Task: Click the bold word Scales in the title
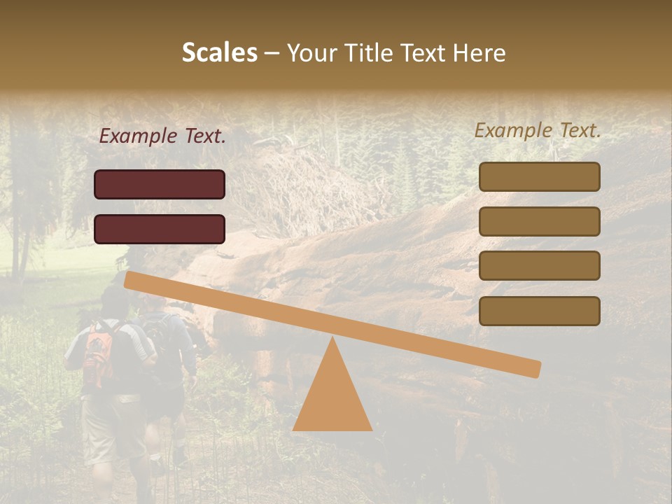[219, 52]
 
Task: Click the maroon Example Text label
[162, 136]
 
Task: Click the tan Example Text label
[538, 130]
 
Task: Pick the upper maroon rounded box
[160, 184]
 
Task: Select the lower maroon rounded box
[160, 229]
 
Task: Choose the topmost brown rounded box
[539, 177]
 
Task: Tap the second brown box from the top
[539, 221]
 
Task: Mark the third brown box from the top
[539, 266]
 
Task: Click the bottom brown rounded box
[539, 311]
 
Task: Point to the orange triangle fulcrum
[332, 392]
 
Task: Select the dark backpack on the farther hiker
[159, 336]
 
